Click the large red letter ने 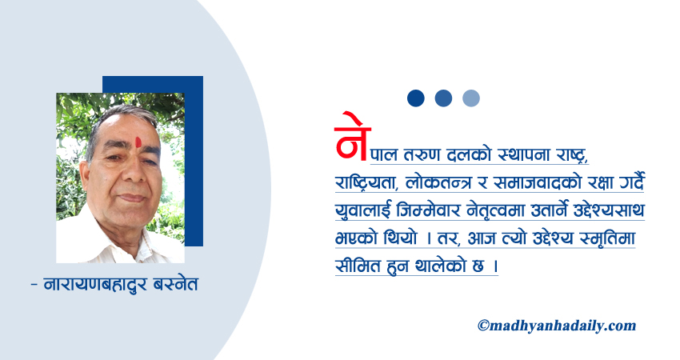[x=352, y=137]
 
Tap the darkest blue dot [x=415, y=98]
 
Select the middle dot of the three [x=443, y=98]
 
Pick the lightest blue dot [x=471, y=98]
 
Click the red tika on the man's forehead [x=138, y=142]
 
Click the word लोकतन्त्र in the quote [x=438, y=182]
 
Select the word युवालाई [x=363, y=210]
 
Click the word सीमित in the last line [x=357, y=266]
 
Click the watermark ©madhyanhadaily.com [x=557, y=326]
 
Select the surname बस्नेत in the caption [x=176, y=285]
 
